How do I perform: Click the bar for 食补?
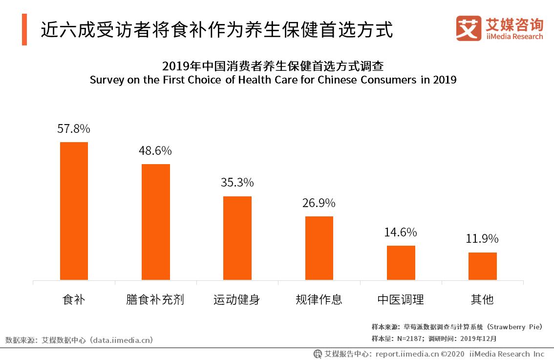pyautogui.click(x=74, y=211)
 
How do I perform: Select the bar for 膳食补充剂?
pyautogui.click(x=156, y=222)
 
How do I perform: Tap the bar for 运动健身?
pyautogui.click(x=237, y=238)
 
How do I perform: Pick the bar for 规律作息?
pyautogui.click(x=319, y=248)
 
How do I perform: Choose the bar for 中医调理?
pyautogui.click(x=401, y=263)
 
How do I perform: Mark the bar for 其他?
pyautogui.click(x=482, y=266)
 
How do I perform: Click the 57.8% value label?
pyautogui.click(x=74, y=129)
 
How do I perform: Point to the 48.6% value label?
pyautogui.click(x=155, y=150)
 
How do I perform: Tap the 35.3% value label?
pyautogui.click(x=237, y=183)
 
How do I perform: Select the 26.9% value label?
pyautogui.click(x=319, y=203)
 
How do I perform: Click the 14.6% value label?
pyautogui.click(x=401, y=232)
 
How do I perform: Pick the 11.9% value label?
pyautogui.click(x=482, y=239)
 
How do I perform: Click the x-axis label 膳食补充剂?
pyautogui.click(x=155, y=299)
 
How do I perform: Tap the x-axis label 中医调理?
pyautogui.click(x=401, y=299)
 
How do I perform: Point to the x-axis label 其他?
pyautogui.click(x=482, y=299)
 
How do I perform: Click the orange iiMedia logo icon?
pyautogui.click(x=468, y=28)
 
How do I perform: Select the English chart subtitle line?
pyautogui.click(x=273, y=80)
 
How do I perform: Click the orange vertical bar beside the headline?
pyautogui.click(x=24, y=30)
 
